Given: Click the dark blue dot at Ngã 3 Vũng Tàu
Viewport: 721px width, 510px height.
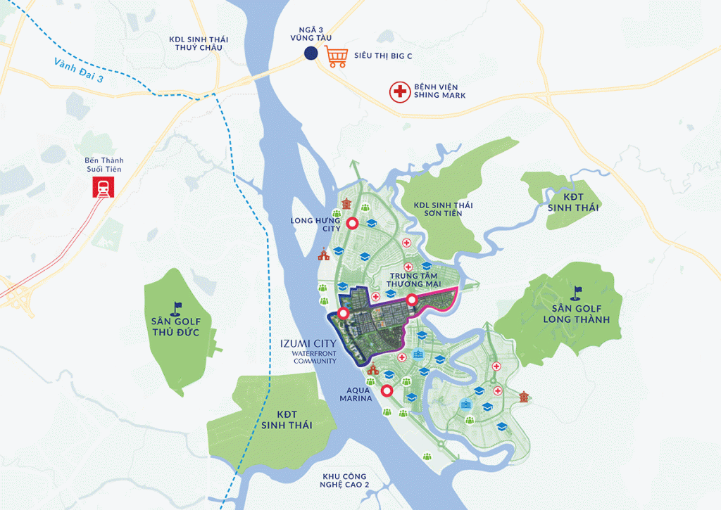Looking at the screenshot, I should [x=311, y=53].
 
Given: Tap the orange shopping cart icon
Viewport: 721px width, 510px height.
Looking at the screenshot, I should [x=336, y=56].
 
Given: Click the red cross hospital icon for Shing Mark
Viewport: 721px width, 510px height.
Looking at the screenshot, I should [x=400, y=91].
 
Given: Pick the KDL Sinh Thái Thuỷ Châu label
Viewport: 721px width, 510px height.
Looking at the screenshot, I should [x=196, y=44].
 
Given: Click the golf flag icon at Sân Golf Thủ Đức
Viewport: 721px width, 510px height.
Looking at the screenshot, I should [x=175, y=307].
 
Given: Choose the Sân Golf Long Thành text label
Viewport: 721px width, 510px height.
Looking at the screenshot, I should [x=571, y=314].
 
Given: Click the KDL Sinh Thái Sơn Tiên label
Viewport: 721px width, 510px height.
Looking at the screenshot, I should [x=443, y=210].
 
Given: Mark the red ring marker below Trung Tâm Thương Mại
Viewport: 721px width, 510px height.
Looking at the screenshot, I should [x=411, y=301].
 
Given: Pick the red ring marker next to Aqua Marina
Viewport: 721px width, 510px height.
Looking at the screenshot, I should [x=386, y=391].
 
